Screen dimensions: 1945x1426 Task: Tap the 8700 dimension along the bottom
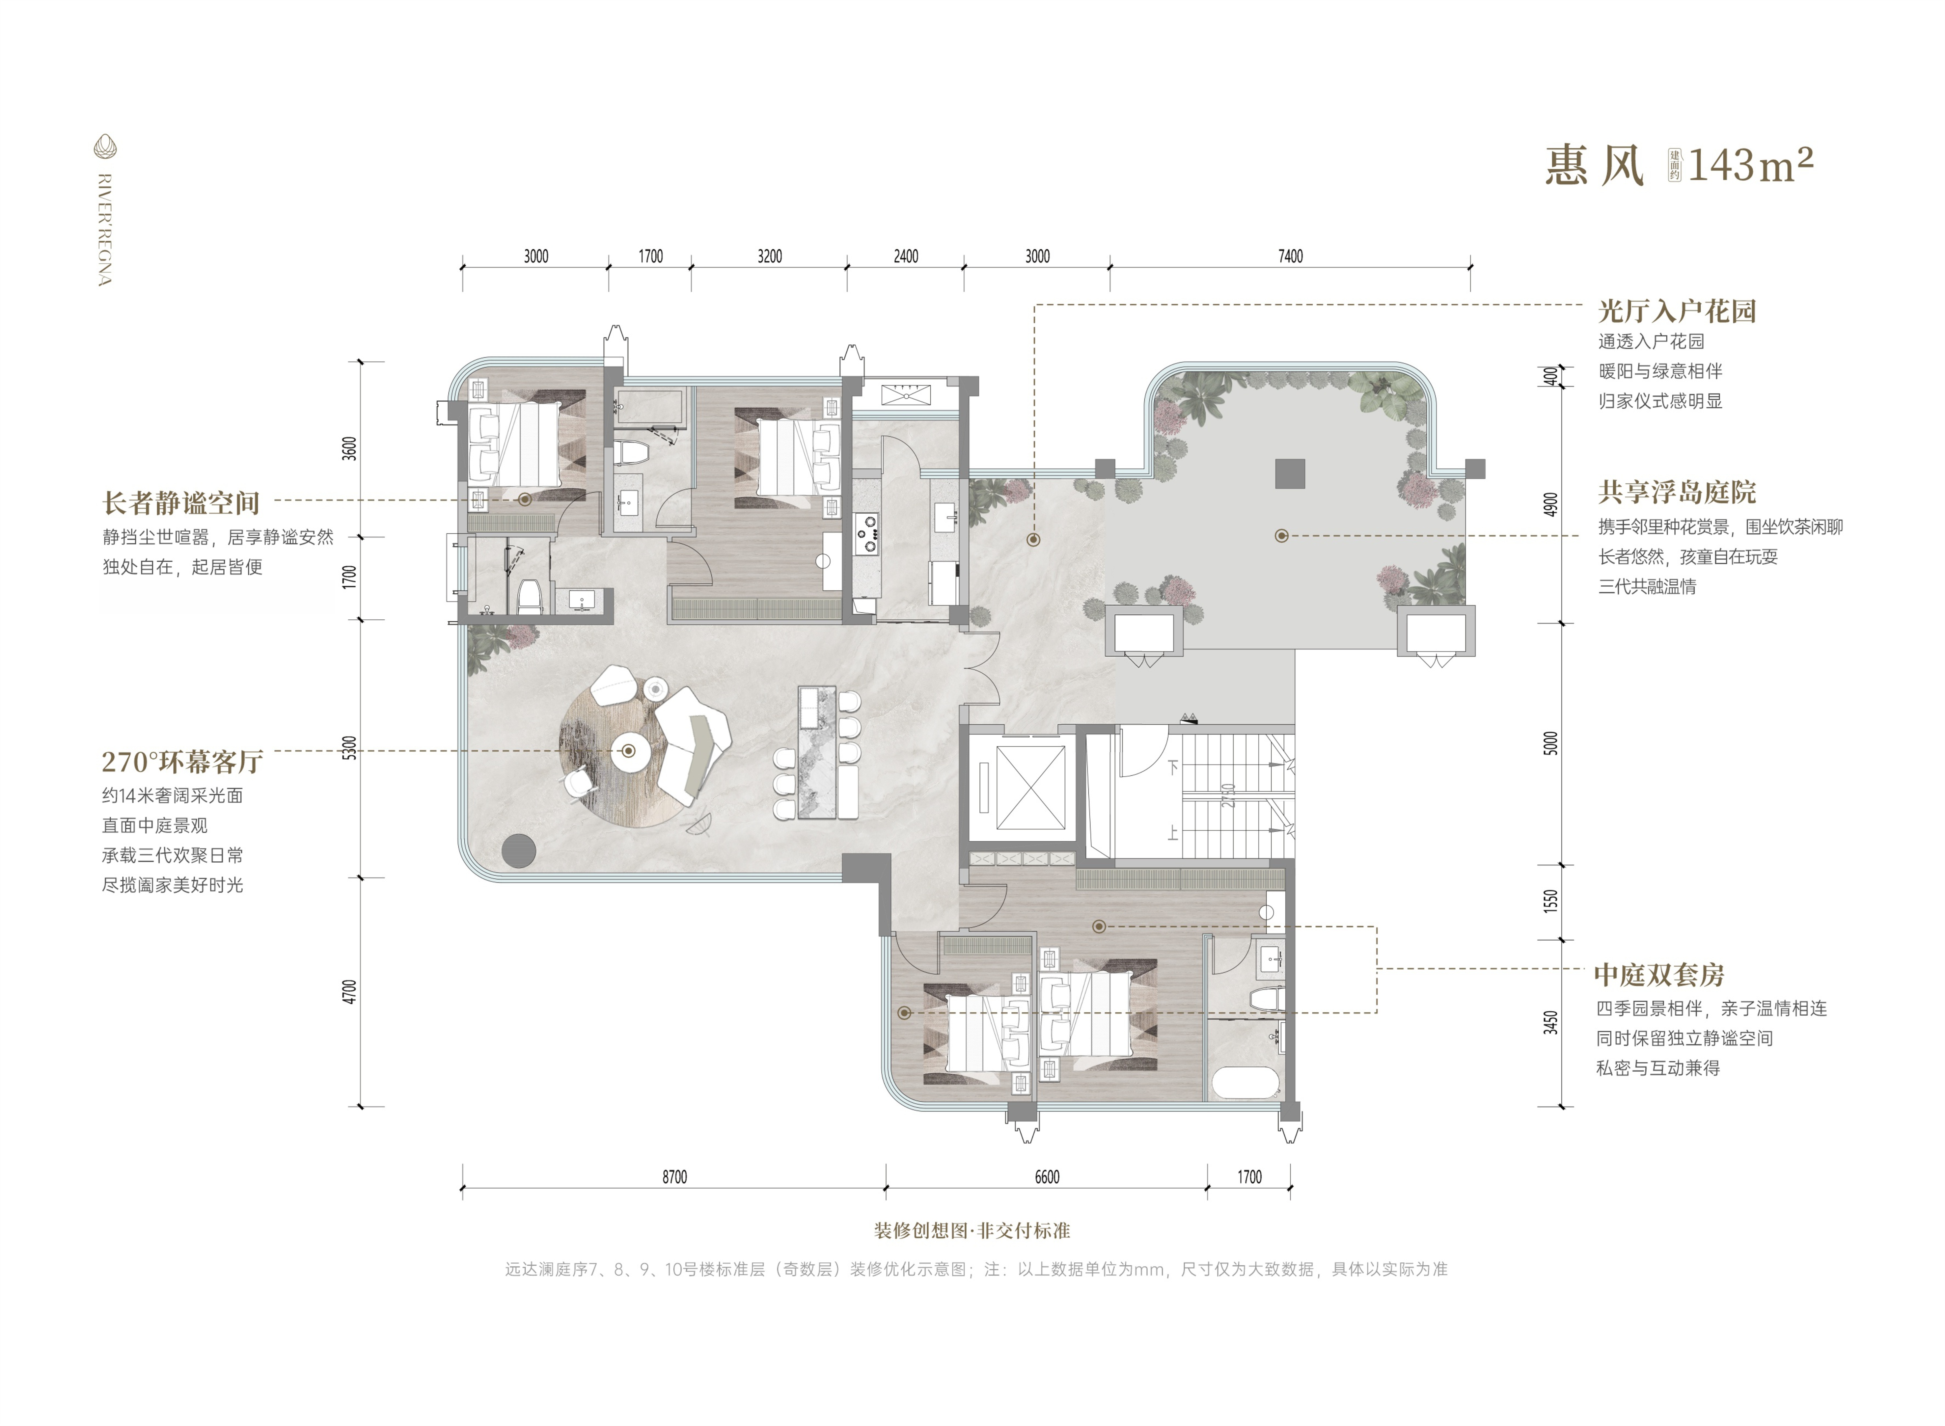pos(674,1177)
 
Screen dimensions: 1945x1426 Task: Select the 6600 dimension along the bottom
pos(1046,1177)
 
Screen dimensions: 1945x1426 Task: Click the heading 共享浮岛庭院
pos(1677,493)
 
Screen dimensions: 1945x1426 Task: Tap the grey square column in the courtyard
pos(1290,473)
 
